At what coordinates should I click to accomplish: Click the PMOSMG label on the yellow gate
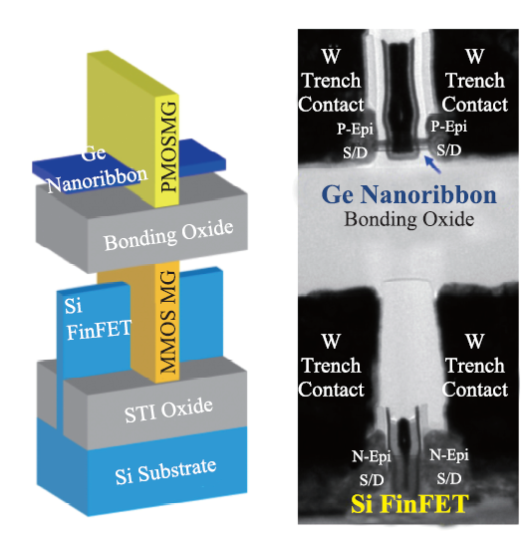[x=169, y=146]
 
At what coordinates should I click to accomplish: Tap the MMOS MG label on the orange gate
[x=169, y=322]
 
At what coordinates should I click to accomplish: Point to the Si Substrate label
[x=166, y=471]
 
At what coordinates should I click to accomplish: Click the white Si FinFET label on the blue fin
[x=98, y=320]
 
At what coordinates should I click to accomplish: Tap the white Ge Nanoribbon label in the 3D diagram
[x=98, y=170]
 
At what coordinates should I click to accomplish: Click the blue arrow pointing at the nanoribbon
[x=432, y=164]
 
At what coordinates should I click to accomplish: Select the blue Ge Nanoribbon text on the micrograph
[x=408, y=195]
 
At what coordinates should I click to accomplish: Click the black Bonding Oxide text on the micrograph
[x=409, y=219]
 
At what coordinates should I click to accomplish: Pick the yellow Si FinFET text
[x=409, y=504]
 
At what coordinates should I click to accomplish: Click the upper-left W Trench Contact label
[x=331, y=81]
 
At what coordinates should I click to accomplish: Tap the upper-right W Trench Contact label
[x=475, y=81]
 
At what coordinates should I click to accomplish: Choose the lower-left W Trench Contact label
[x=331, y=366]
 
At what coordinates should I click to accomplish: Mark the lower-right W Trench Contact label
[x=475, y=366]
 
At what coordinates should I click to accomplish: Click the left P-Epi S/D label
[x=355, y=140]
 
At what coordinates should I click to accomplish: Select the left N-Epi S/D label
[x=372, y=468]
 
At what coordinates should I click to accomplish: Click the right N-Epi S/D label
[x=449, y=466]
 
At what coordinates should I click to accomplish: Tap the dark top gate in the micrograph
[x=400, y=101]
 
